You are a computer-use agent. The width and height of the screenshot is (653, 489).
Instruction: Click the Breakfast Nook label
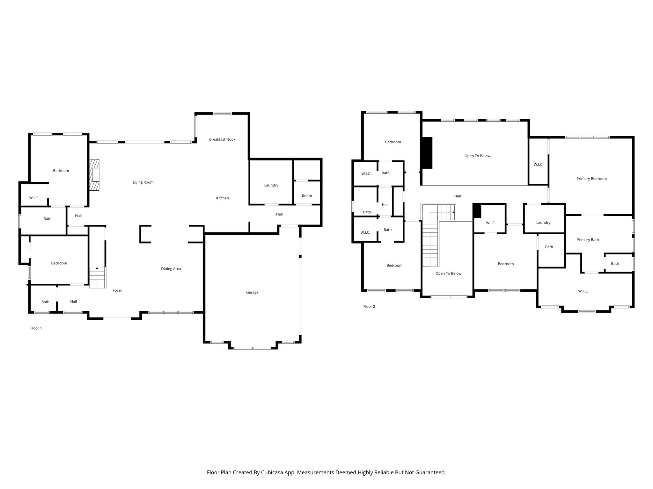(222, 139)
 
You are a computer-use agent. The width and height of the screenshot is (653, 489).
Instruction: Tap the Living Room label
(143, 182)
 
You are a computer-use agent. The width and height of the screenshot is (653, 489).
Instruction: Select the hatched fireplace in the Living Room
(95, 175)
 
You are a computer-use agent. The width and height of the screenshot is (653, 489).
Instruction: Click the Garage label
(252, 292)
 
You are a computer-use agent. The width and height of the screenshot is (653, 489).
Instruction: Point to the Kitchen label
(223, 198)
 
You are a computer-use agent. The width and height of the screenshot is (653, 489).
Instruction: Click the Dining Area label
(171, 269)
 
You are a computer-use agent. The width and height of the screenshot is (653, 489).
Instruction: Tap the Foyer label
(117, 290)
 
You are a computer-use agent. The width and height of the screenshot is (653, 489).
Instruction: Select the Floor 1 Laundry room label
(271, 185)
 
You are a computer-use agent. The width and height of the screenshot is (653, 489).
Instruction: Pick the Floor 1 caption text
(36, 328)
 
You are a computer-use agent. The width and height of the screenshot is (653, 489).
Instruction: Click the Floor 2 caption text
(369, 307)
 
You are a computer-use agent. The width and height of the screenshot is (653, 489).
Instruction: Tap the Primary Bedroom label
(591, 179)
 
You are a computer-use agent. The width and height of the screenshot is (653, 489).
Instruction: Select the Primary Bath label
(588, 240)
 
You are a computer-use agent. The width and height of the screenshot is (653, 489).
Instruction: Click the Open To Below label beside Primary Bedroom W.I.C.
(477, 156)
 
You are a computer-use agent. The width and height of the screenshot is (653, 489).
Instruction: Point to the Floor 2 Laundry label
(543, 223)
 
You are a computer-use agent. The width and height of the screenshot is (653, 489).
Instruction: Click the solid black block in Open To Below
(427, 153)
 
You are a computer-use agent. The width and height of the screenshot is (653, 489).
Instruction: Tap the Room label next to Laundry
(307, 196)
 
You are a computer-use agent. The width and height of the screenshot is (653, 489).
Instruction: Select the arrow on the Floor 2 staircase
(453, 212)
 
